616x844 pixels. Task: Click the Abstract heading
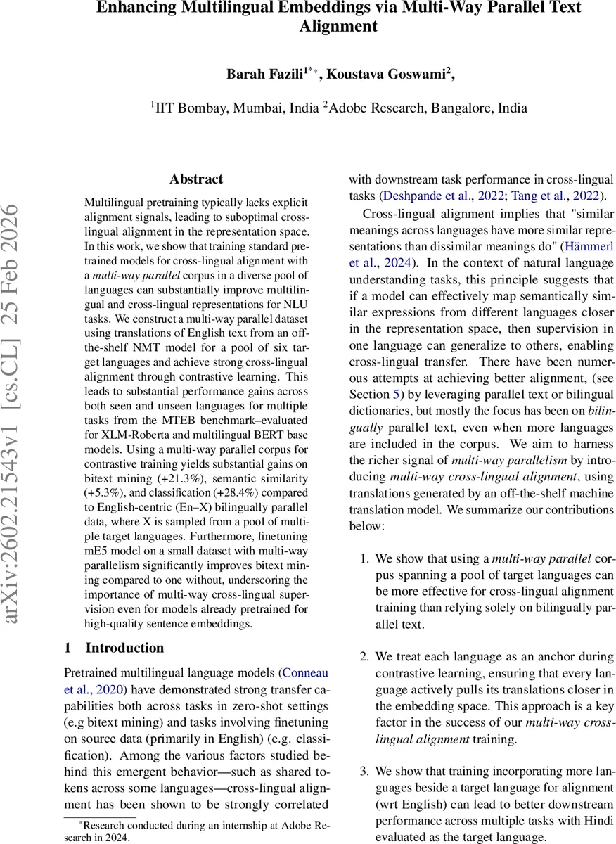coord(196,179)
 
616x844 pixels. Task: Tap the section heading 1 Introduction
coord(114,648)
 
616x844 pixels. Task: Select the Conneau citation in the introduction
coord(304,672)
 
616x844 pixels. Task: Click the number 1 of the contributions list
coord(364,558)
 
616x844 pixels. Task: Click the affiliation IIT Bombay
coord(187,107)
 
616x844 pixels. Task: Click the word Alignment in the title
coord(338,27)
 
